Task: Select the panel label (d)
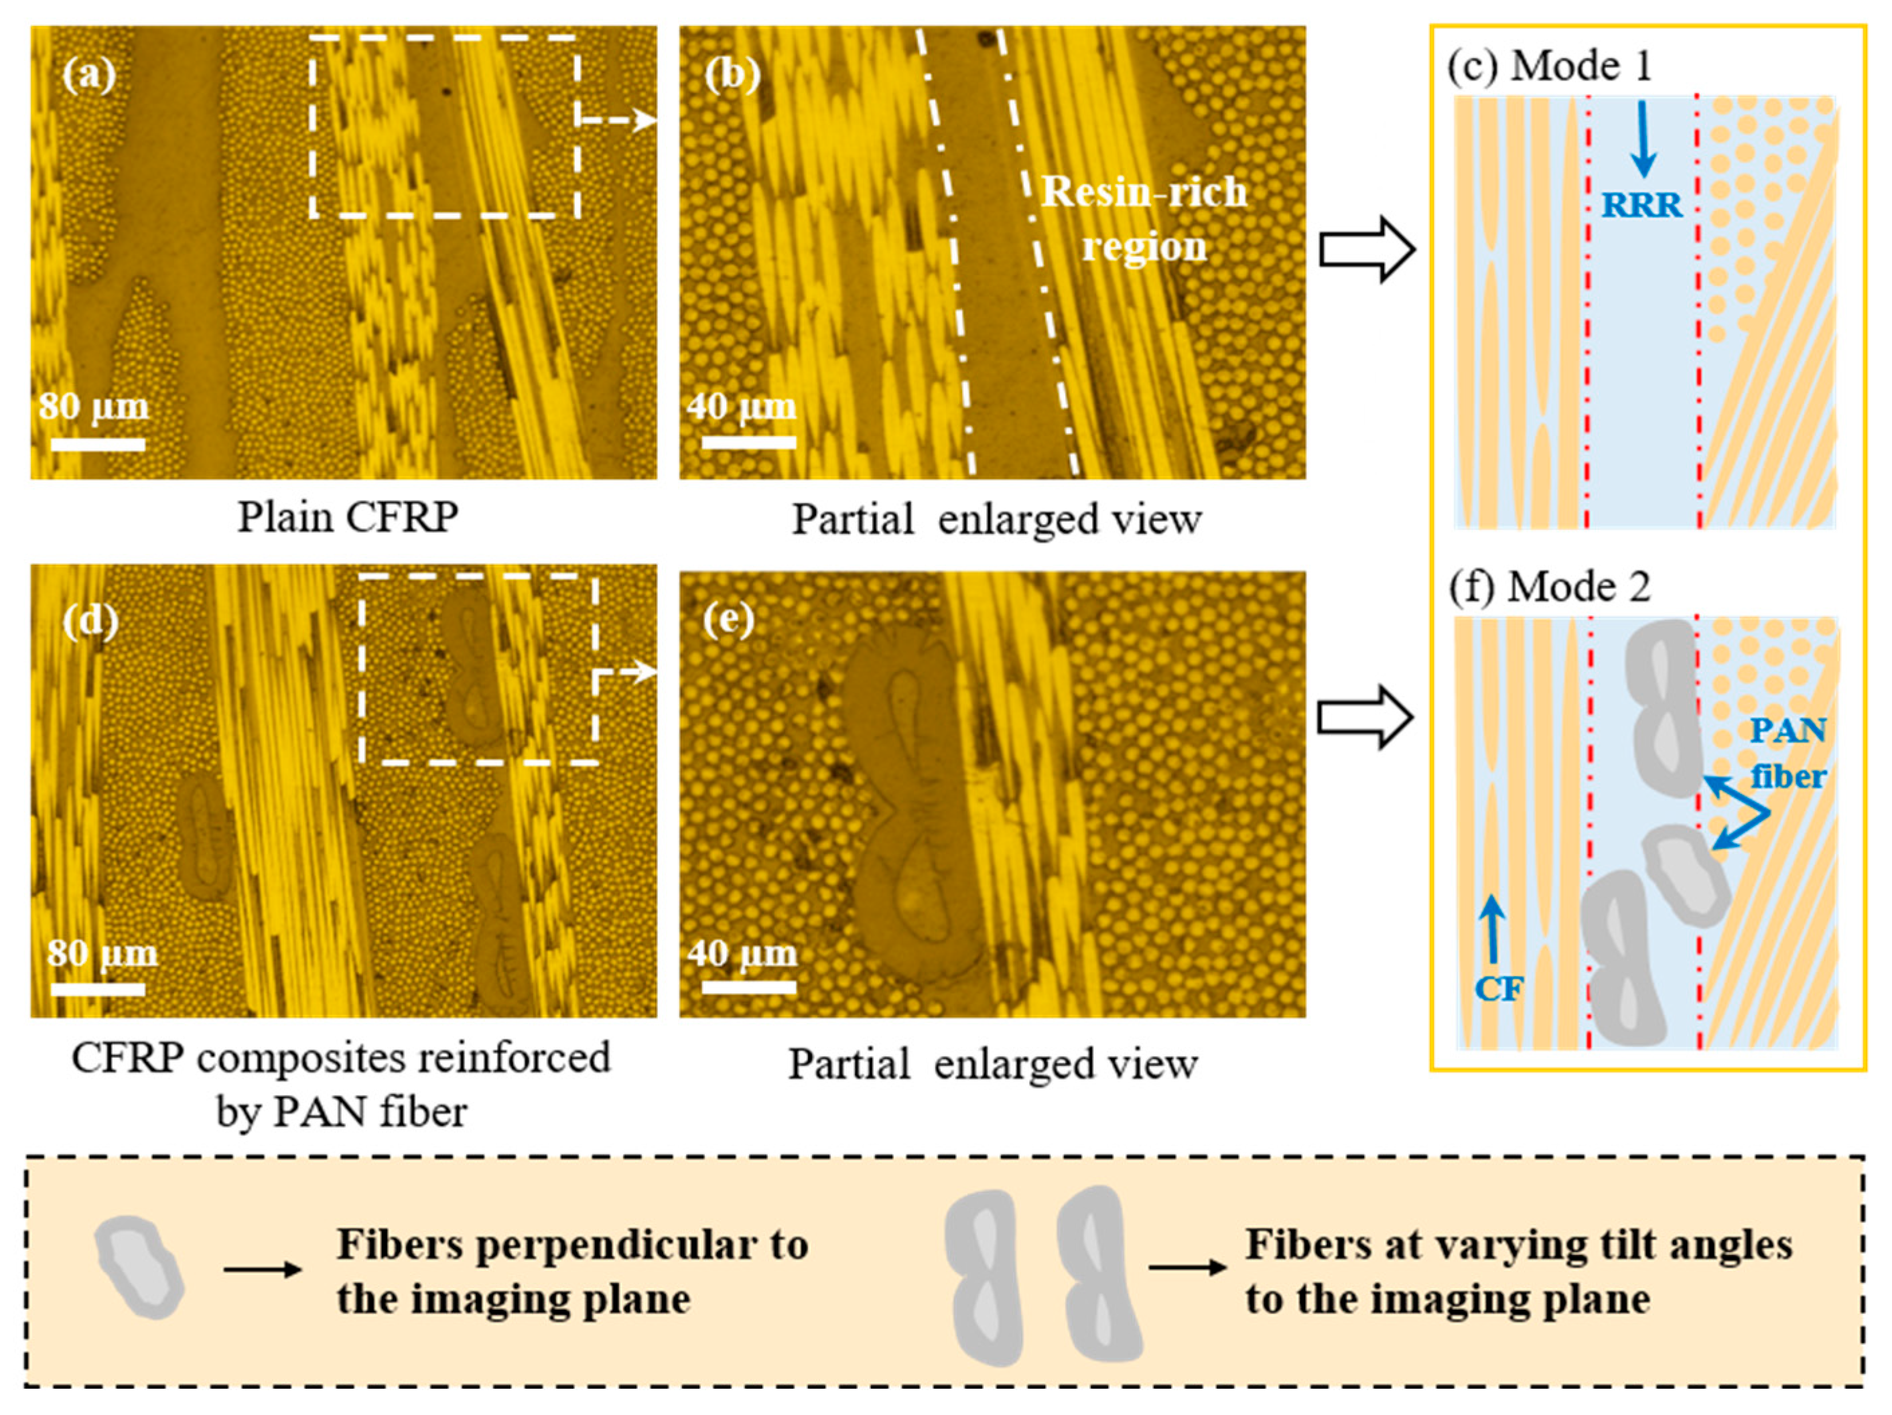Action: pyautogui.click(x=90, y=620)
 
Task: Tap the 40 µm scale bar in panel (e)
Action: pyautogui.click(x=748, y=986)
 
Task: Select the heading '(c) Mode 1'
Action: pyautogui.click(x=1549, y=67)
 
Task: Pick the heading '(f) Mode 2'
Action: pyautogui.click(x=1549, y=588)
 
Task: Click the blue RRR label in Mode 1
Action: pyautogui.click(x=1641, y=205)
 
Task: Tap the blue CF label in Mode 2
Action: pyautogui.click(x=1499, y=989)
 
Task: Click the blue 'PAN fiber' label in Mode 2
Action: pyautogui.click(x=1787, y=753)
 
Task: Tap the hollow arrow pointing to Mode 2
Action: pyautogui.click(x=1364, y=717)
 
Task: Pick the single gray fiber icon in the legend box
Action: pyautogui.click(x=139, y=1267)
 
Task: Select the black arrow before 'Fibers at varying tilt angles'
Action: pyautogui.click(x=1187, y=1267)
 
